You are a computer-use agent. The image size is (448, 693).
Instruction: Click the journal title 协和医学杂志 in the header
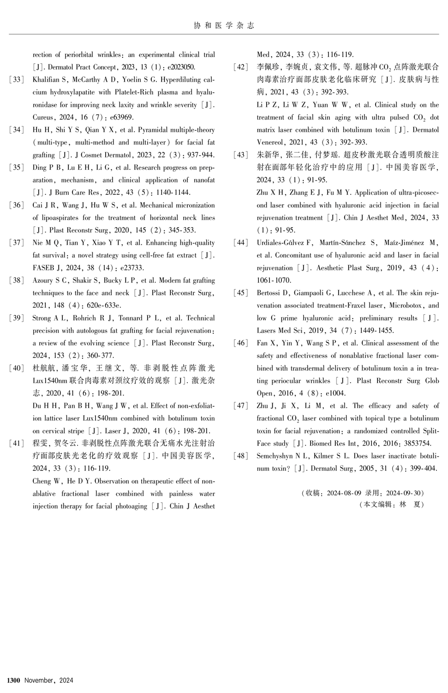pos(224,25)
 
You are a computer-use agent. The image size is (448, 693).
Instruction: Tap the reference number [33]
pos(17,79)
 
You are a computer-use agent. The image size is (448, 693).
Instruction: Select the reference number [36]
pos(17,205)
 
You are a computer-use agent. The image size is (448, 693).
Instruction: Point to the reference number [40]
pos(17,368)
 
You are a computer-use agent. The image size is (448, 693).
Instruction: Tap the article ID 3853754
pos(416,443)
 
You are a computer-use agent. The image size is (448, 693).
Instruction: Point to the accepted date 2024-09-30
pos(404,493)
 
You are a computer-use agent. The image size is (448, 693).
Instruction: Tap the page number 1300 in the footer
pos(13,681)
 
